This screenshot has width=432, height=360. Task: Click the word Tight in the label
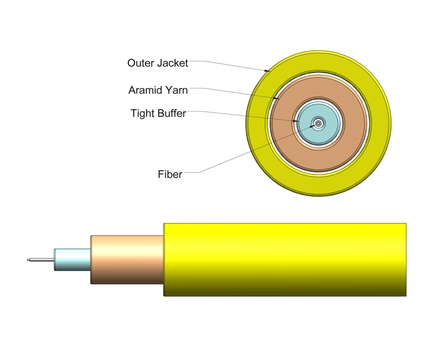pyautogui.click(x=143, y=113)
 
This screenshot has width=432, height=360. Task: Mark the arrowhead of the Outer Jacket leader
pyautogui.click(x=267, y=71)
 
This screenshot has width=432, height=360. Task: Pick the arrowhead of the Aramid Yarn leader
pyautogui.click(x=275, y=99)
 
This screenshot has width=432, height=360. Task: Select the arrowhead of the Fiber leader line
pyautogui.click(x=312, y=126)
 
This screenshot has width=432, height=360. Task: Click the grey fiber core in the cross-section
pyautogui.click(x=318, y=124)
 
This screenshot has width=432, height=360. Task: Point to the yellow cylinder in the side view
pyautogui.click(x=285, y=259)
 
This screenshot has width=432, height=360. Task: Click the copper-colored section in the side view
pyautogui.click(x=127, y=259)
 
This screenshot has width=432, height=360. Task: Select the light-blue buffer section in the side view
pyautogui.click(x=72, y=260)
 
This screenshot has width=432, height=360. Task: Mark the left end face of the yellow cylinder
pyautogui.click(x=164, y=259)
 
